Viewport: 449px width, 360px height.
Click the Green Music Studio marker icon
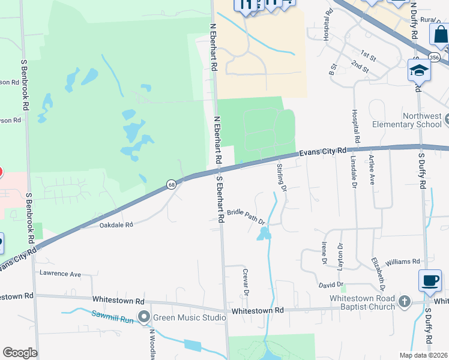(143, 316)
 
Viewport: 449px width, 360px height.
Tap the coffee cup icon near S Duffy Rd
(430, 280)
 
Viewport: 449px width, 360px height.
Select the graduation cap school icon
(418, 70)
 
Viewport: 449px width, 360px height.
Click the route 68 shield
(172, 184)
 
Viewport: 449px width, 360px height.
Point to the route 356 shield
(435, 58)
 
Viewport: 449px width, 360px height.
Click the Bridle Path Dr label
(246, 214)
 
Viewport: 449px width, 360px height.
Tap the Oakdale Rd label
(115, 225)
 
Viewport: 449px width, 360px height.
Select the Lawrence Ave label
(60, 274)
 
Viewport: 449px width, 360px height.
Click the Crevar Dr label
(246, 281)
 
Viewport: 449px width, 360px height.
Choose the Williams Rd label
(403, 262)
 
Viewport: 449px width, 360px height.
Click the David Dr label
(331, 284)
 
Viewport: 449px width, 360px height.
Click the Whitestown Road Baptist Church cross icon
(405, 301)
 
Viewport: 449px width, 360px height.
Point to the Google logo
(20, 353)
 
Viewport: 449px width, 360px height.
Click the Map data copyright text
(423, 355)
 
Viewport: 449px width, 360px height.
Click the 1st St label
(368, 58)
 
